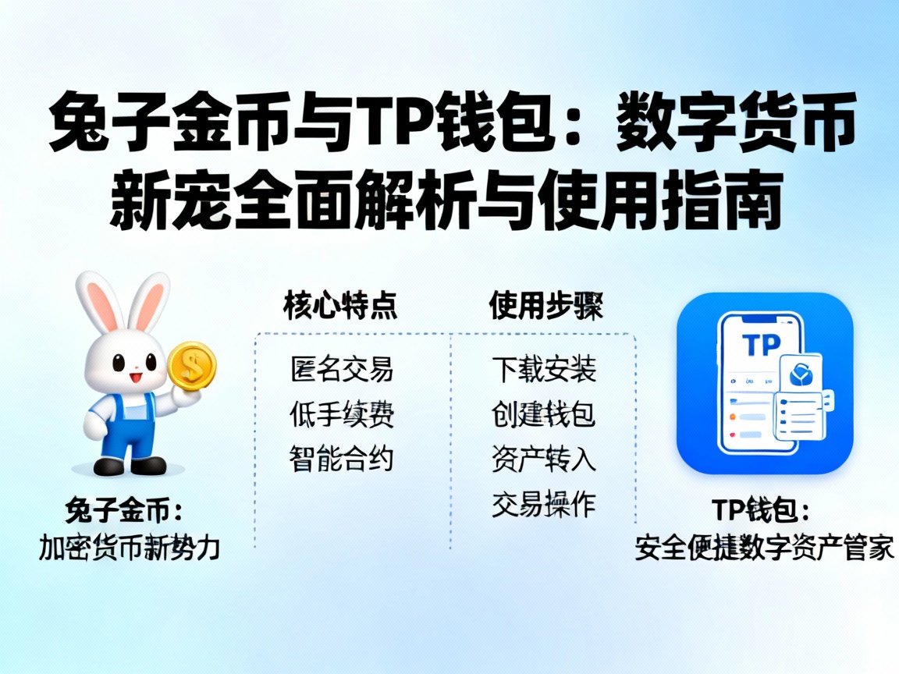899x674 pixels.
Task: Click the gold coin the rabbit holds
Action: pyautogui.click(x=191, y=364)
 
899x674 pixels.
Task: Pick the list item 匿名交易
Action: pyautogui.click(x=342, y=369)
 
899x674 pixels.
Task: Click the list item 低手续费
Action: pyautogui.click(x=342, y=414)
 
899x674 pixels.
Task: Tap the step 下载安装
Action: pyautogui.click(x=544, y=369)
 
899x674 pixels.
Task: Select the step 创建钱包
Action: pyautogui.click(x=544, y=414)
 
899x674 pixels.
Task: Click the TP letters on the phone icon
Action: pyautogui.click(x=761, y=345)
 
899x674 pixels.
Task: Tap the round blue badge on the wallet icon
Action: pyautogui.click(x=801, y=376)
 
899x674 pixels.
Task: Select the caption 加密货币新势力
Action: pyautogui.click(x=130, y=548)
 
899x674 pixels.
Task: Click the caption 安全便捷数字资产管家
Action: pyautogui.click(x=764, y=548)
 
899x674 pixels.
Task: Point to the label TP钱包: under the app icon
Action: pyautogui.click(x=764, y=512)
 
